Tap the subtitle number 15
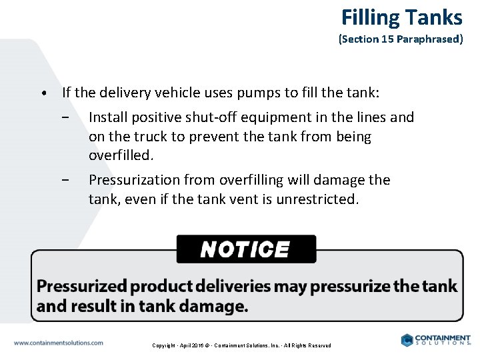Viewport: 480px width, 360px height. tap(388, 39)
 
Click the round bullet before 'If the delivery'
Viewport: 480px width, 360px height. tap(42, 93)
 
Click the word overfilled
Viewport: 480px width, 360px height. tap(121, 156)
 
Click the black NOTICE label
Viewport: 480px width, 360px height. tap(245, 249)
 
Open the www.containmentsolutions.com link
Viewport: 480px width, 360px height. tap(59, 343)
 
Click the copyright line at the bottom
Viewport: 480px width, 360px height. tap(241, 345)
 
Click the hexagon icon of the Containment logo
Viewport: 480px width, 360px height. tap(407, 340)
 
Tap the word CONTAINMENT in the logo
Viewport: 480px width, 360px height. tap(443, 338)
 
